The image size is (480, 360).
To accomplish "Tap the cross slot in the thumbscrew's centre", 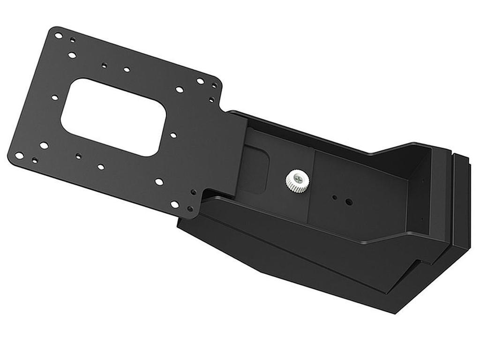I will [x=295, y=176].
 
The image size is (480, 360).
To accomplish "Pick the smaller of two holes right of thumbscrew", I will [x=334, y=197].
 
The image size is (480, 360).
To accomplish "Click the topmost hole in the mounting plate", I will [x=58, y=35].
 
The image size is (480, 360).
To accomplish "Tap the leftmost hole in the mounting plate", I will [x=19, y=155].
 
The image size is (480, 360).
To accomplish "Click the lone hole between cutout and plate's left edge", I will [x=54, y=97].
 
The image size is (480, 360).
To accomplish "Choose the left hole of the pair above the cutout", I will [x=105, y=66].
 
